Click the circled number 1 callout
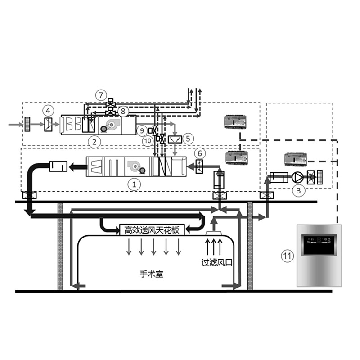134,184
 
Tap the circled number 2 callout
94,142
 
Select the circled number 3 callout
298,190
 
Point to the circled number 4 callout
48,111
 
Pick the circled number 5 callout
188,139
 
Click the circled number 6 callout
200,153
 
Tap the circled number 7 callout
101,95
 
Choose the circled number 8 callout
123,111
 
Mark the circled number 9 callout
142,130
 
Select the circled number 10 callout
148,140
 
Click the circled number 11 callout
287,256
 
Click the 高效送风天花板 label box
152,230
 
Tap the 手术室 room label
152,274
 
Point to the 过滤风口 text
217,262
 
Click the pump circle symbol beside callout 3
298,177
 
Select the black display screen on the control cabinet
319,245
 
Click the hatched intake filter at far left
27,124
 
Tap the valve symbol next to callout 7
111,103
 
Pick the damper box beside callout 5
175,139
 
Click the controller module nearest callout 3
296,160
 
